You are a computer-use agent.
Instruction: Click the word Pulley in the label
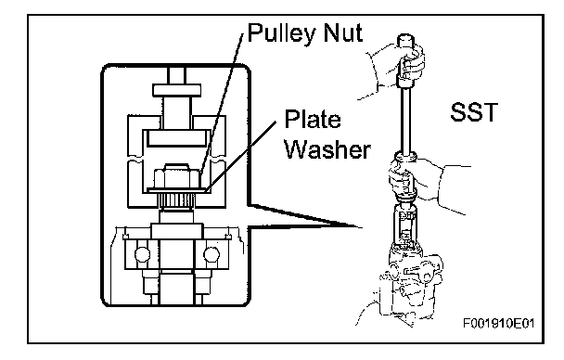(x=282, y=33)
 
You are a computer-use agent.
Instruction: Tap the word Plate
(x=313, y=119)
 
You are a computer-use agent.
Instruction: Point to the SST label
(x=474, y=112)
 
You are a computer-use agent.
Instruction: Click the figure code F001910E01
(x=498, y=323)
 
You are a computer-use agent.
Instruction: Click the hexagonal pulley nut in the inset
(x=176, y=176)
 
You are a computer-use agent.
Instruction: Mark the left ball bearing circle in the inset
(x=142, y=254)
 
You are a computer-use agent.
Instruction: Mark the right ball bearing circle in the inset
(x=211, y=254)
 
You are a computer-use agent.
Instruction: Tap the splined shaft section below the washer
(x=176, y=201)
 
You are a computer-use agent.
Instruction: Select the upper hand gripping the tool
(x=396, y=69)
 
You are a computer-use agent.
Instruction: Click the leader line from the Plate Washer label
(x=242, y=155)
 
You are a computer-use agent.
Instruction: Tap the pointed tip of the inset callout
(x=362, y=227)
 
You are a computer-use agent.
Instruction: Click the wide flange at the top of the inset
(x=176, y=90)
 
